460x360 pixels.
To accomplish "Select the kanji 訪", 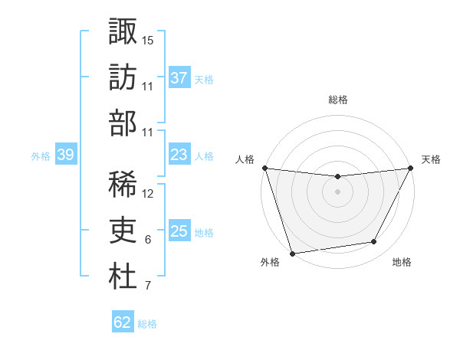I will pos(123,77).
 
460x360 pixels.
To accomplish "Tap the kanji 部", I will pos(123,123).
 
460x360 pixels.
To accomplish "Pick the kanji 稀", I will pos(123,183).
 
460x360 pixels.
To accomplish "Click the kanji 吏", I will pos(123,230).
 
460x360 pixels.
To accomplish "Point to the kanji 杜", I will pos(123,277).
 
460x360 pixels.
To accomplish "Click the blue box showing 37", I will pos(179,77).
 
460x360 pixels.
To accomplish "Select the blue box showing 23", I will pos(179,155).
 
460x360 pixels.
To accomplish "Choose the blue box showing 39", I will pos(65,155).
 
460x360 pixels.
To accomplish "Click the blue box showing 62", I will pos(123,322).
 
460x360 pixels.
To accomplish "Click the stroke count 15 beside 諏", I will pos(148,40).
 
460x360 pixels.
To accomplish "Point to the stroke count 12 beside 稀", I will pos(148,193).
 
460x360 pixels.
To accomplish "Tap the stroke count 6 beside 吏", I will pos(148,240).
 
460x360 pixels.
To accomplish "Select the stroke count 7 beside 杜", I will pos(148,286).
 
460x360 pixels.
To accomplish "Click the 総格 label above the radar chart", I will pos(337,100).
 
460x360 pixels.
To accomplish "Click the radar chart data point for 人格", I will pos(264,168).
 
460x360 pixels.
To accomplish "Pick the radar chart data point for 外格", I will pos(292,253).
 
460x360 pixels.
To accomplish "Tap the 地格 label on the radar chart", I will pos(402,262).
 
